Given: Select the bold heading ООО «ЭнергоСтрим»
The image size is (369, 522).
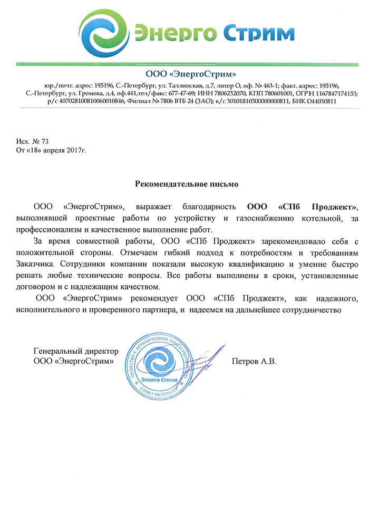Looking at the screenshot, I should [x=183, y=73].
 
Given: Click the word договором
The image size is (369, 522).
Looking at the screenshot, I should [x=55, y=287].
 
